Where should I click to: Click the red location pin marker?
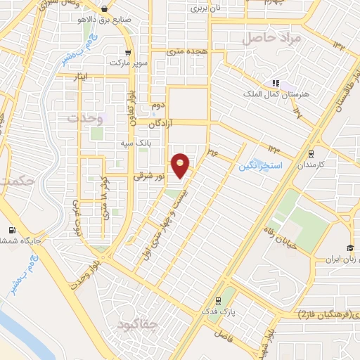181,165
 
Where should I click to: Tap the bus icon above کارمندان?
311,153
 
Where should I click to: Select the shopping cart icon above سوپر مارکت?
127,52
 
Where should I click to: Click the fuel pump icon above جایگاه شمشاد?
11,231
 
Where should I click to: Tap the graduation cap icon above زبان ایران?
349,247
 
